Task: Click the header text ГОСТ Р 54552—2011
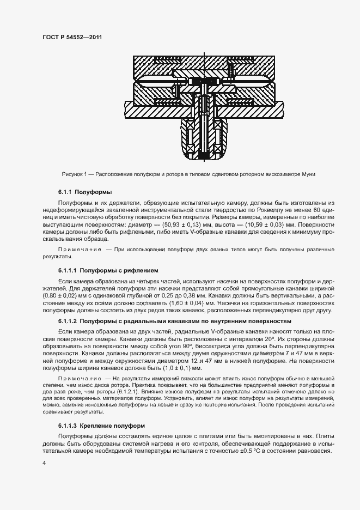tap(72, 37)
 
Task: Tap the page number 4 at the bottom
tap(44, 463)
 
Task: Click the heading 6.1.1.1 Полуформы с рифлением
tap(107, 270)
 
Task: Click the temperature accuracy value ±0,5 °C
tap(245, 451)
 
